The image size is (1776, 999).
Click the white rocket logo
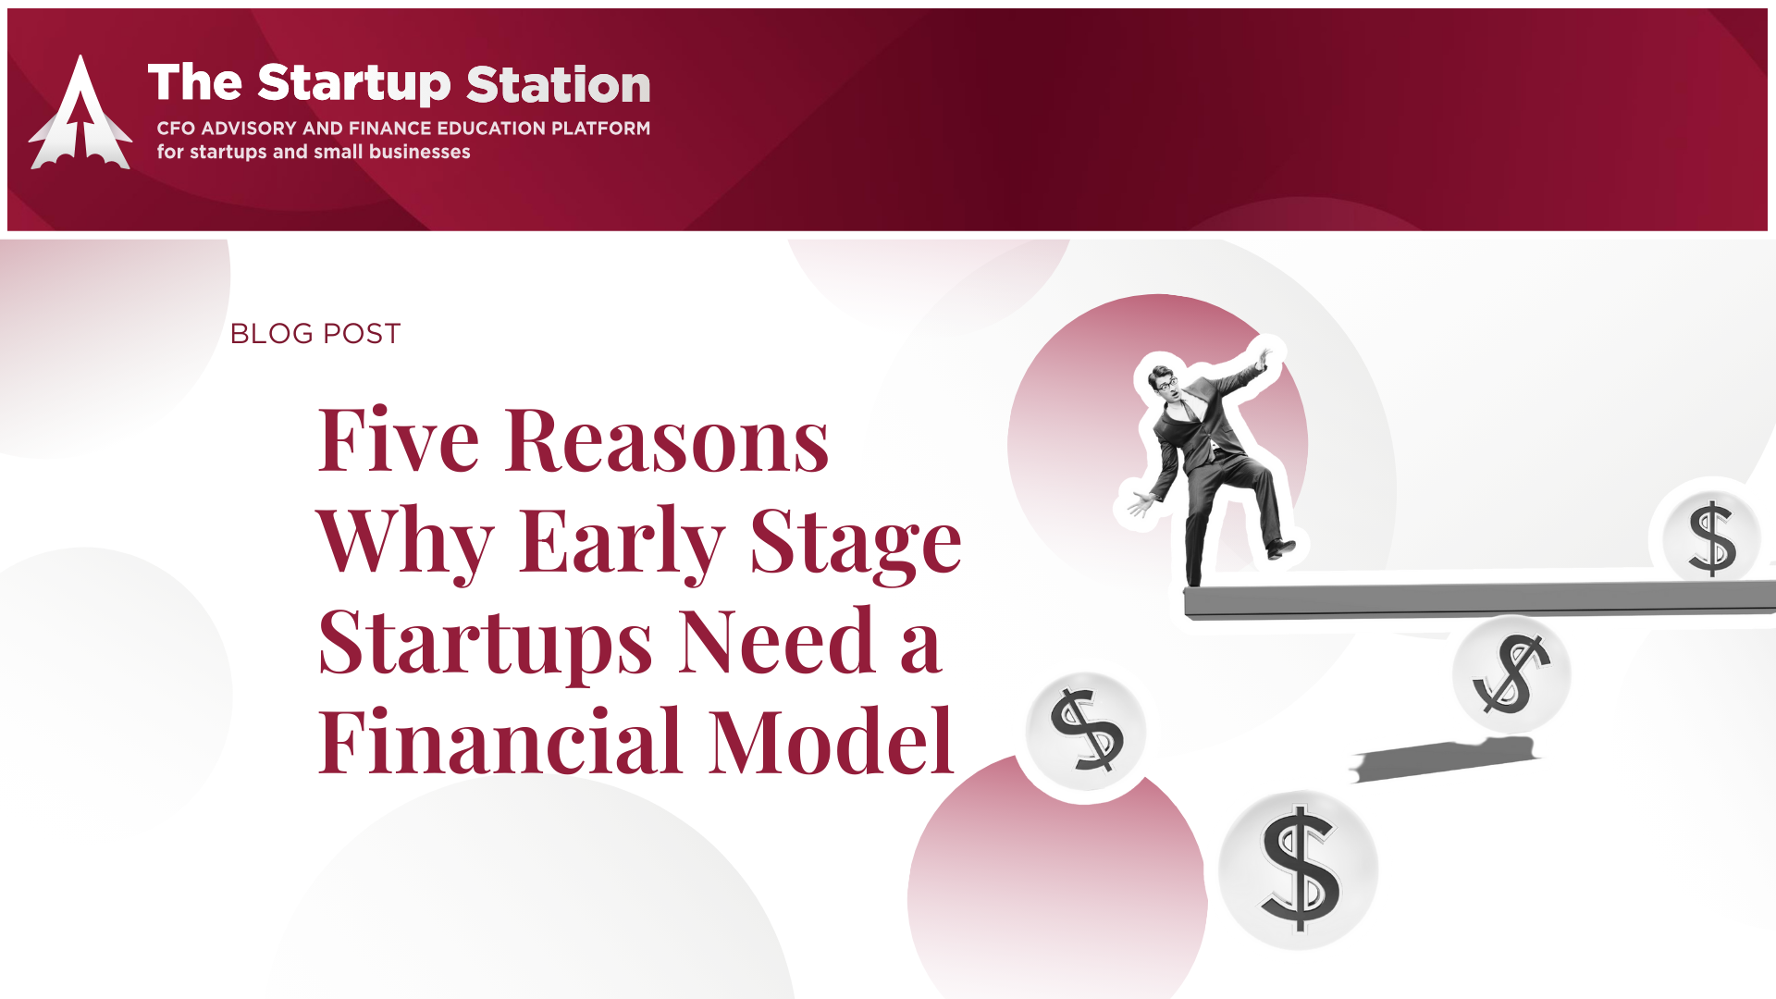click(x=80, y=116)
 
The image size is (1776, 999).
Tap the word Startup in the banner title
click(x=354, y=84)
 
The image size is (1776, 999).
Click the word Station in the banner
click(x=559, y=84)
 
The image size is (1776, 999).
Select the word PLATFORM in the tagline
click(x=600, y=128)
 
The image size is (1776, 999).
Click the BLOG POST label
click(x=315, y=333)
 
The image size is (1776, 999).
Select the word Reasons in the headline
click(x=667, y=440)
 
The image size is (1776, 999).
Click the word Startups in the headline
click(x=486, y=645)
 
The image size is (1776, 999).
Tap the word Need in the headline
click(x=777, y=641)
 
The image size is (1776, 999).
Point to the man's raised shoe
click(x=1281, y=548)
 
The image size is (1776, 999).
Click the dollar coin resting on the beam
click(x=1711, y=537)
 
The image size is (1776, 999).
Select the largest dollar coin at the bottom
click(x=1299, y=869)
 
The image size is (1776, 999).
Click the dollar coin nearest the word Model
click(x=1086, y=732)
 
